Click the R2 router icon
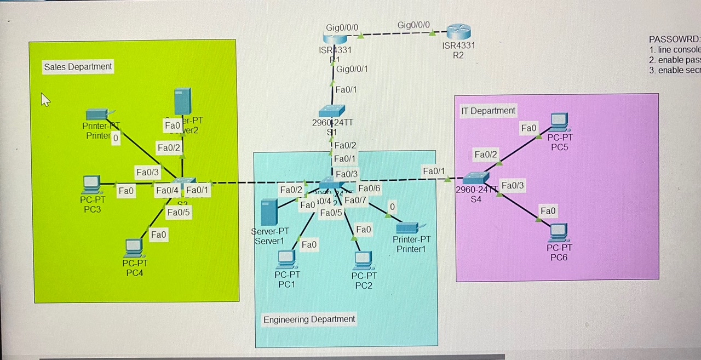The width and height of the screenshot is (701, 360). pos(458,32)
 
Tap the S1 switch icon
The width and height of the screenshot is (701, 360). pos(332,110)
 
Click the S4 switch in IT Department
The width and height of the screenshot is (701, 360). pos(475,178)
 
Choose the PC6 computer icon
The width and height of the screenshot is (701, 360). pos(559,232)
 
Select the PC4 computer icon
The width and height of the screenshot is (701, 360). pos(134,248)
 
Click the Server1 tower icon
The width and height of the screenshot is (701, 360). pos(269,212)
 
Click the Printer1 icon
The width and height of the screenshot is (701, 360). pos(407,227)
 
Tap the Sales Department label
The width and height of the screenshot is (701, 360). pos(78,67)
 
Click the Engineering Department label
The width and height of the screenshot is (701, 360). pos(309,319)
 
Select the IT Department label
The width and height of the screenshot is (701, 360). pos(488,111)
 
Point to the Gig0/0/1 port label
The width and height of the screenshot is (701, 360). pos(352,69)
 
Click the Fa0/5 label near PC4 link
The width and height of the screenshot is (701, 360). pos(178,213)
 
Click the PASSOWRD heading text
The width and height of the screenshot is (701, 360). pos(674,39)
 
